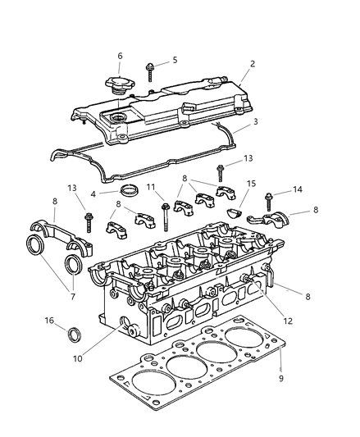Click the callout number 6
coord(120,56)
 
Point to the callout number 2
coord(253,64)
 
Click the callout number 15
coord(252,184)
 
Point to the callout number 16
coord(49,321)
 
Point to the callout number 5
coord(174,60)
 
